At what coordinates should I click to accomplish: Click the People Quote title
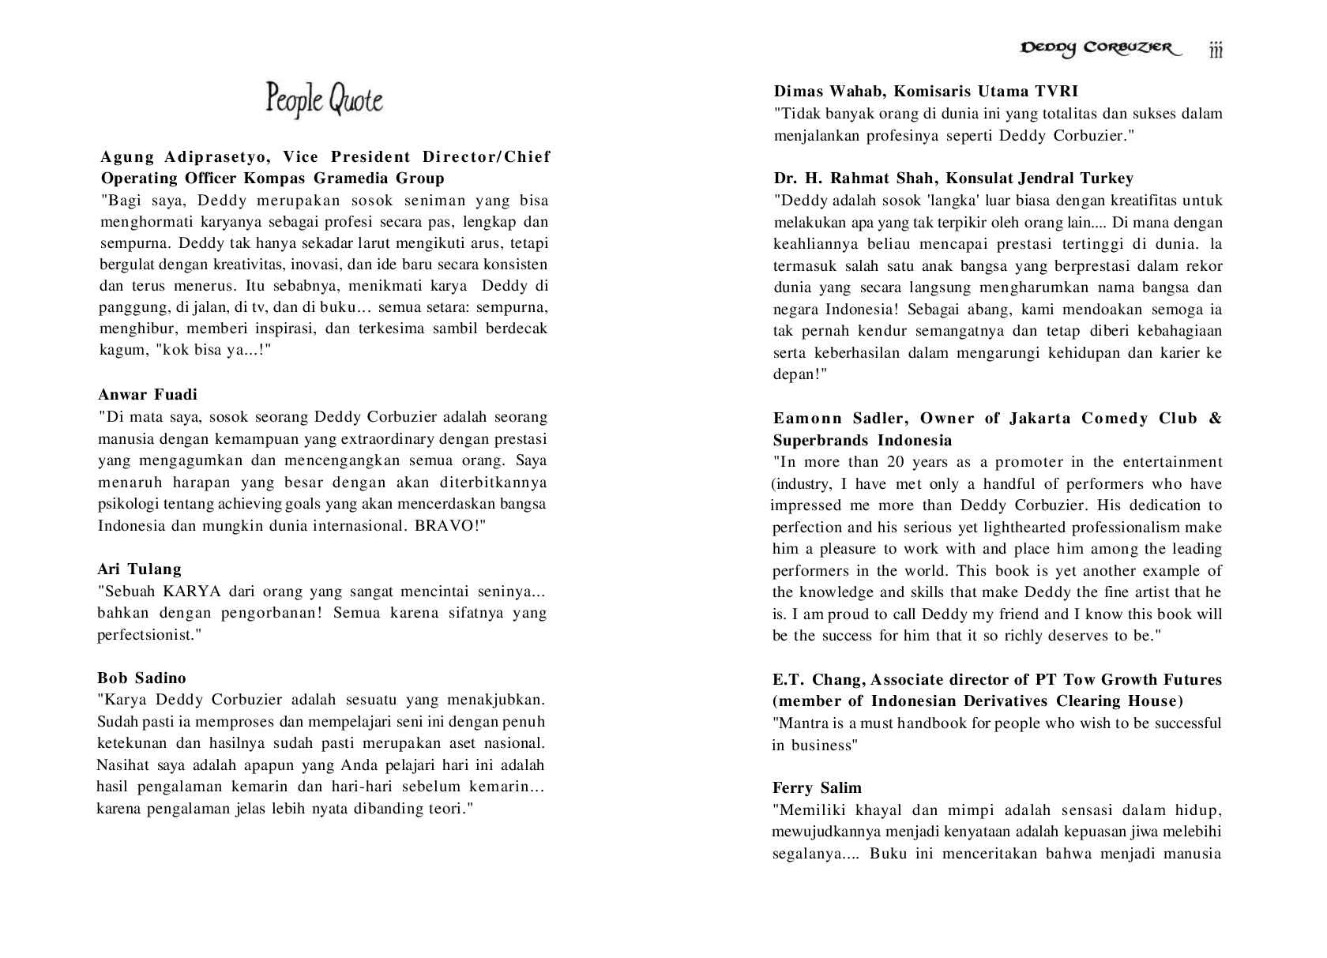click(324, 100)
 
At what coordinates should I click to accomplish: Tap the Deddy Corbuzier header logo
click(1100, 49)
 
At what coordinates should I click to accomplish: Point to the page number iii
click(1216, 51)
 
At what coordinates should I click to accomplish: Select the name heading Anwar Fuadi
click(148, 395)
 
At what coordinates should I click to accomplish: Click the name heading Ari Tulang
click(139, 569)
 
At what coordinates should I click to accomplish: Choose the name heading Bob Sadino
click(141, 678)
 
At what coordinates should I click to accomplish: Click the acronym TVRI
click(1056, 92)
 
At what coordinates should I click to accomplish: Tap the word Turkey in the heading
click(1106, 178)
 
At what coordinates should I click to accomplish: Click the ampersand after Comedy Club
click(1215, 419)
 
